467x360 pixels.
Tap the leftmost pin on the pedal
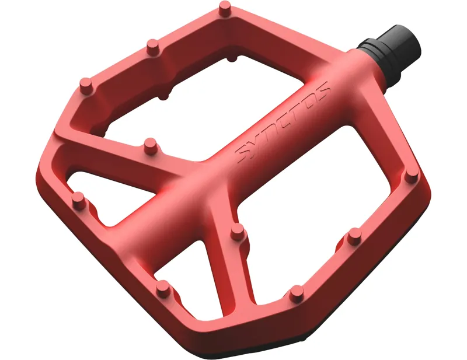pos(78,201)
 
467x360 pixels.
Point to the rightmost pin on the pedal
pos(412,175)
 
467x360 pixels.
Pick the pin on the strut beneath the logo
pos(237,232)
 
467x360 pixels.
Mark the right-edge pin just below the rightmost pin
pos(354,236)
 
